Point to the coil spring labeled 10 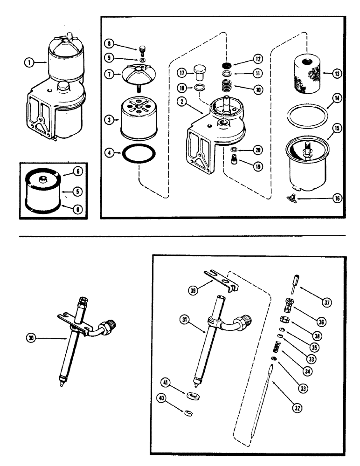tap(225, 88)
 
